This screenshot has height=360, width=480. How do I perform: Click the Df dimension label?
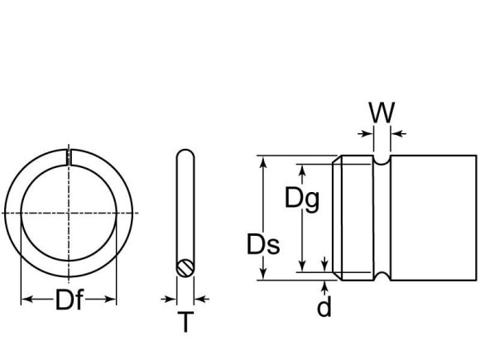pyautogui.click(x=69, y=300)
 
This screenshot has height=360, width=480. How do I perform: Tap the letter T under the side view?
pyautogui.click(x=185, y=322)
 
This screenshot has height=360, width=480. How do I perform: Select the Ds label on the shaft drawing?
pyautogui.click(x=263, y=245)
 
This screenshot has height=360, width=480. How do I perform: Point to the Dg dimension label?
pyautogui.click(x=301, y=199)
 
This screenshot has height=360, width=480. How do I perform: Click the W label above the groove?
pyautogui.click(x=382, y=113)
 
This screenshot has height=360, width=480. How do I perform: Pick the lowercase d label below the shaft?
pyautogui.click(x=324, y=307)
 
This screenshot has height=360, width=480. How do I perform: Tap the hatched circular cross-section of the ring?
pyautogui.click(x=186, y=267)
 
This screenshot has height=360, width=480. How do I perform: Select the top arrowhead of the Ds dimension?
pyautogui.click(x=264, y=161)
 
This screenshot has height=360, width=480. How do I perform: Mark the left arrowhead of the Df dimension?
pyautogui.click(x=25, y=299)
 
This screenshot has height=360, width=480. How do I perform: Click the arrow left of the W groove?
pyautogui.click(x=366, y=132)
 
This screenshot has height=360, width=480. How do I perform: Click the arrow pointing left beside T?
pyautogui.click(x=200, y=299)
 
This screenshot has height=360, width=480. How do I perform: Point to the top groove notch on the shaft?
pyautogui.click(x=382, y=161)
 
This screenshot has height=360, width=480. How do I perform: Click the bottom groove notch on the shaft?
pyautogui.click(x=382, y=273)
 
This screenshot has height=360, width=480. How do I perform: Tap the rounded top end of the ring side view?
pyautogui.click(x=186, y=154)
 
